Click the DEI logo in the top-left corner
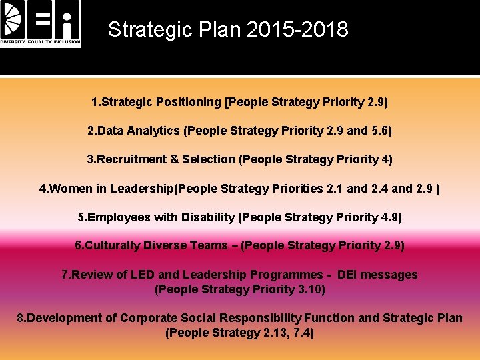[x=41, y=24]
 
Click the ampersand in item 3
[x=175, y=159]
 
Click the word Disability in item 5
[x=207, y=217]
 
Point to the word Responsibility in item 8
[x=261, y=318]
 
